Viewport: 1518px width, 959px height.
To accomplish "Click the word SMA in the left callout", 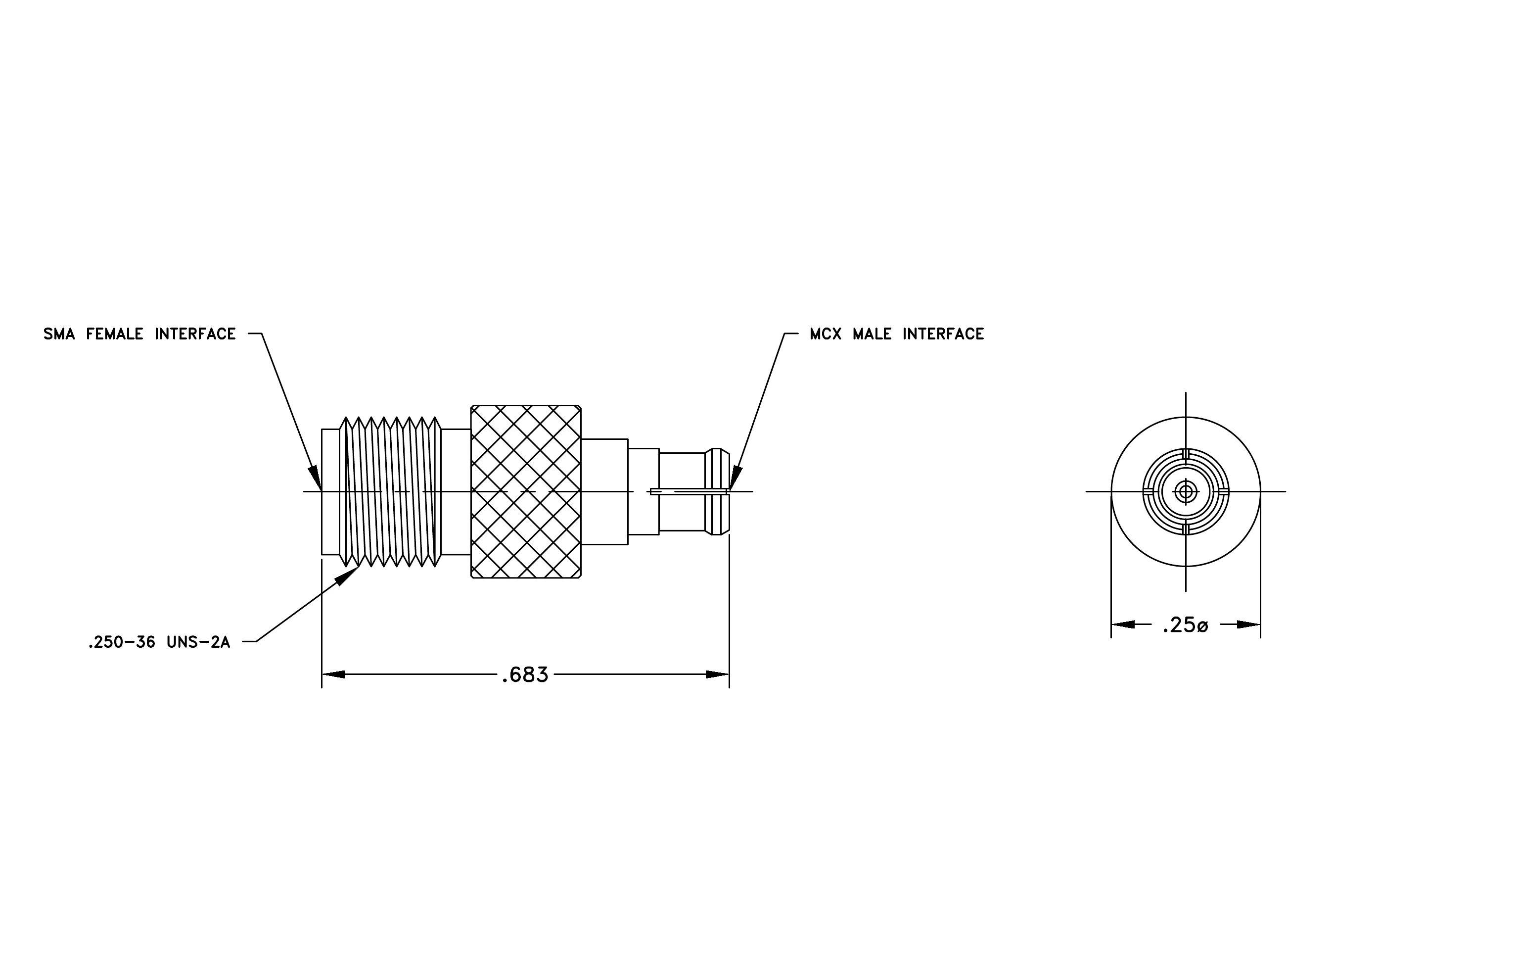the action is (59, 334).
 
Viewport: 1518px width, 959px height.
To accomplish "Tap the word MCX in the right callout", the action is (826, 334).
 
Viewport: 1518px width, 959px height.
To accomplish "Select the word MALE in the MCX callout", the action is (873, 334).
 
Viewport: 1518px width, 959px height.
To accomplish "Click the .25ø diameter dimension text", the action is (1185, 625).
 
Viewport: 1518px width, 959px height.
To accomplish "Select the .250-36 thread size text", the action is (122, 642).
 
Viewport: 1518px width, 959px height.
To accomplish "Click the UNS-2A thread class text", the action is (198, 642).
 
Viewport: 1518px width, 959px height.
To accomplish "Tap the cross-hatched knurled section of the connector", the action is (526, 492).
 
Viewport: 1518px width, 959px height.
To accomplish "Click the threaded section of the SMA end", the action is (390, 492).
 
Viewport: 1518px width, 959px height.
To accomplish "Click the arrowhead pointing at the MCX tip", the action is (736, 479).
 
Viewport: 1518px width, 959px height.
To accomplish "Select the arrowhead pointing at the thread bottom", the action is (347, 575).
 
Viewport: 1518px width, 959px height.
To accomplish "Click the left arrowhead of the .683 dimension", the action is (333, 674).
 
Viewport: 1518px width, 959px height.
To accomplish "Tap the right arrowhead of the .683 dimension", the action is (717, 674).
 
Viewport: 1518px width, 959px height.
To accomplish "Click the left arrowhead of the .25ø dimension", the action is (1123, 625).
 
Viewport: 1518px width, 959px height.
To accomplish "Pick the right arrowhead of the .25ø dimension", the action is (1249, 625).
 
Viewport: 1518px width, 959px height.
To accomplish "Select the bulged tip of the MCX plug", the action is (717, 492).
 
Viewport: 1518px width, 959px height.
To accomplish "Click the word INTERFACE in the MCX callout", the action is (943, 334).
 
